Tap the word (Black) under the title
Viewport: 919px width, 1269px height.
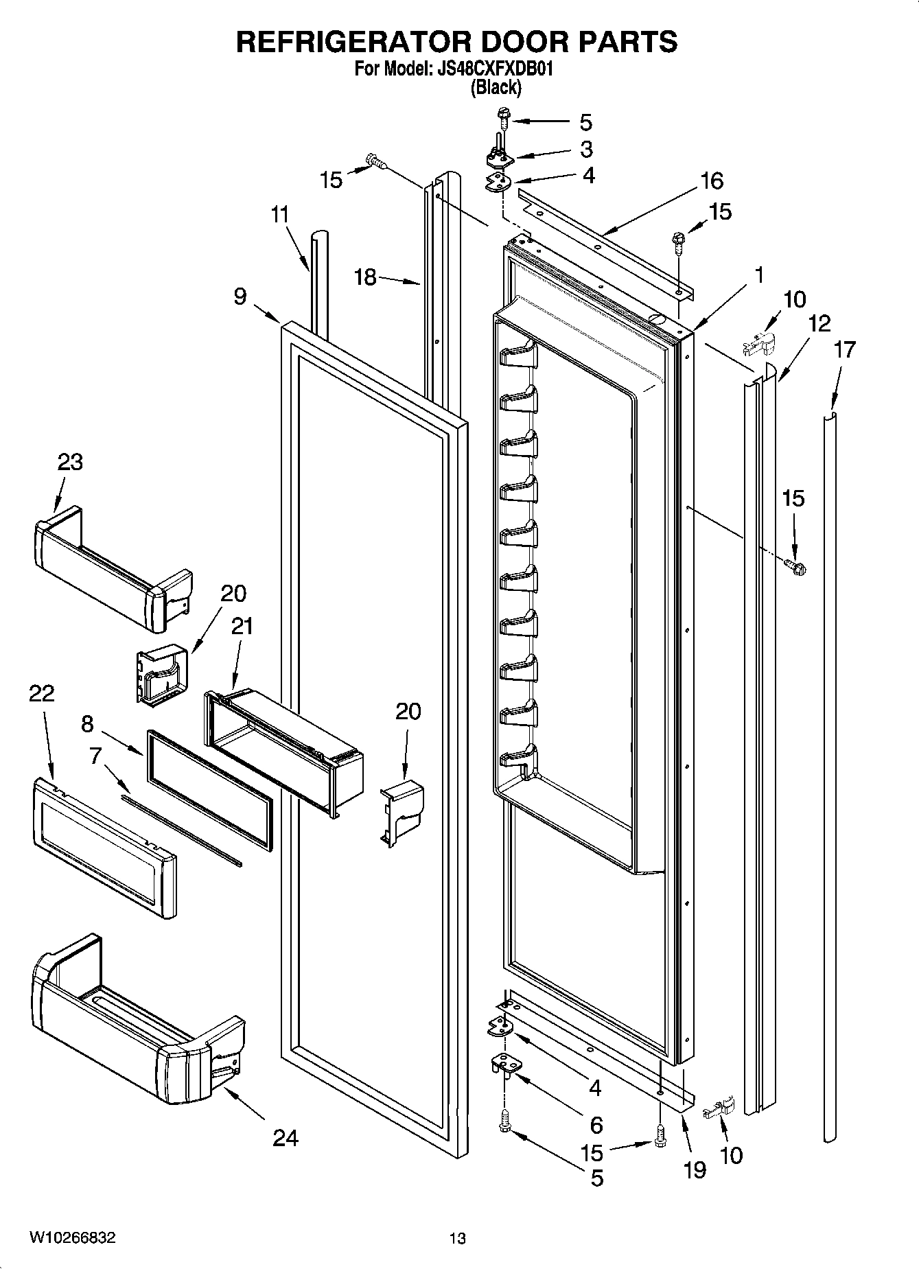495,88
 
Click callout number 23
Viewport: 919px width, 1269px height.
69,462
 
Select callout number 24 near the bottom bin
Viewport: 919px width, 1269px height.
286,1139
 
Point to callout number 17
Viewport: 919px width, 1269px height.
844,349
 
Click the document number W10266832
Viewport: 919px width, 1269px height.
72,1237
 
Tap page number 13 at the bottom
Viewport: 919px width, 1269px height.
457,1238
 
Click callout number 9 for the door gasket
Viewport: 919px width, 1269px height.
240,296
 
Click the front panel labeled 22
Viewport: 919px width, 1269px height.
103,848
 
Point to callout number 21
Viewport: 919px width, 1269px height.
242,626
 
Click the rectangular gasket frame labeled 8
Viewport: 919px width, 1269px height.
209,789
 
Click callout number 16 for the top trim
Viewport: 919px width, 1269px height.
712,181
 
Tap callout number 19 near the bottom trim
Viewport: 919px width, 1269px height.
695,1169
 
